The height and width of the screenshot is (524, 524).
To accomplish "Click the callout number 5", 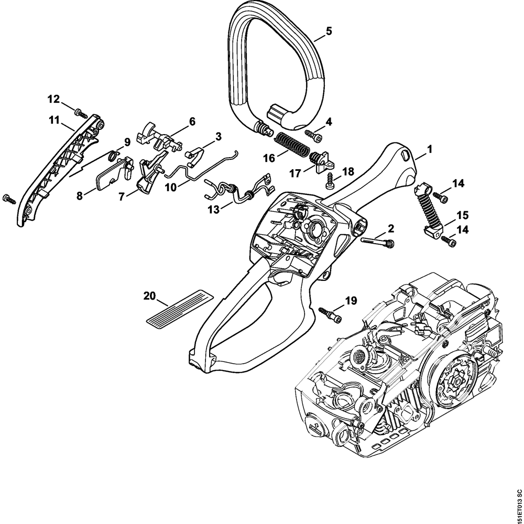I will coord(329,31).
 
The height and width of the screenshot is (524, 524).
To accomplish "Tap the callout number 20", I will coord(150,296).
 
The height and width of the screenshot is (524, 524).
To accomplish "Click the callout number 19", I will coord(351,300).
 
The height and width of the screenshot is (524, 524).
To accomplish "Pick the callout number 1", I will coord(429,149).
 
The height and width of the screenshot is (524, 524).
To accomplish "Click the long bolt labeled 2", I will coord(377,242).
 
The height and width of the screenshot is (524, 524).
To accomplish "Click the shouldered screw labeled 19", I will coord(329,315).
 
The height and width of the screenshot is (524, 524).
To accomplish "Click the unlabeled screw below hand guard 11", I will coord(9,198).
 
